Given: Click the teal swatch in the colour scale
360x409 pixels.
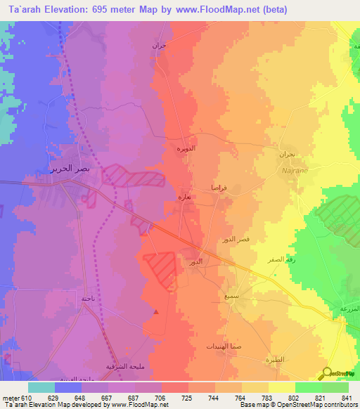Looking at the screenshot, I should (41, 387).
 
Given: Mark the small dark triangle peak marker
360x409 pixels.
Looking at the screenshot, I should (156, 311).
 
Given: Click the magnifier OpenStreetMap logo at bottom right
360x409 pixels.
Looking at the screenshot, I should (327, 373).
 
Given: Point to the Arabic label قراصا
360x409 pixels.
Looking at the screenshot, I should (219, 188).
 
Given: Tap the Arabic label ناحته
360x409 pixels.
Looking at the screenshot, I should (88, 299).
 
